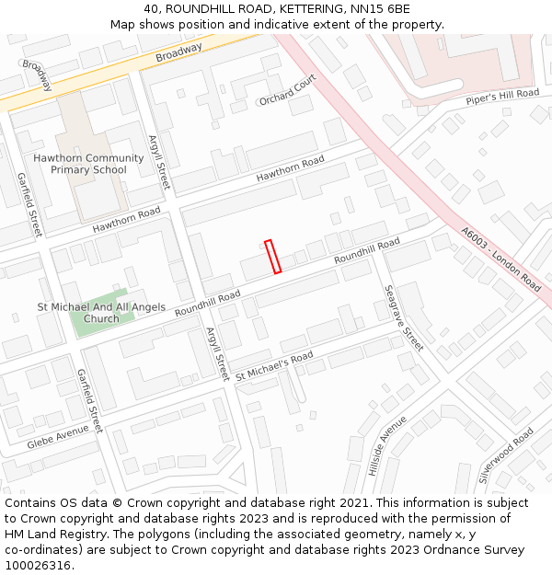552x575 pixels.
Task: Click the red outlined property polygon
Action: coord(273,257)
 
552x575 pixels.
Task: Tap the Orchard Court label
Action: coord(287,89)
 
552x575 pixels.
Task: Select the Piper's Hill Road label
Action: coord(501,97)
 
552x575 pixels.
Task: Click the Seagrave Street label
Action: coord(403,316)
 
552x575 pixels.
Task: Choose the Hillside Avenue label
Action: coord(386,445)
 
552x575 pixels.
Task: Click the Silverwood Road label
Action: coord(506,455)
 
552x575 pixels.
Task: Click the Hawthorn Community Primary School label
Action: coord(88,164)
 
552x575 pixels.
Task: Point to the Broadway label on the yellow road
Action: coord(178,52)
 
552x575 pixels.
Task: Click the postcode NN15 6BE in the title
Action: coord(379,8)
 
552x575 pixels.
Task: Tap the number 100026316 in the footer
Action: coord(38,566)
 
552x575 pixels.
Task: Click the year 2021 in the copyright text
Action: coord(352,503)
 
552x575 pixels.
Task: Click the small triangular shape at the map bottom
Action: coord(238,476)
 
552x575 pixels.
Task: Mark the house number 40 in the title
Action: coord(151,8)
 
